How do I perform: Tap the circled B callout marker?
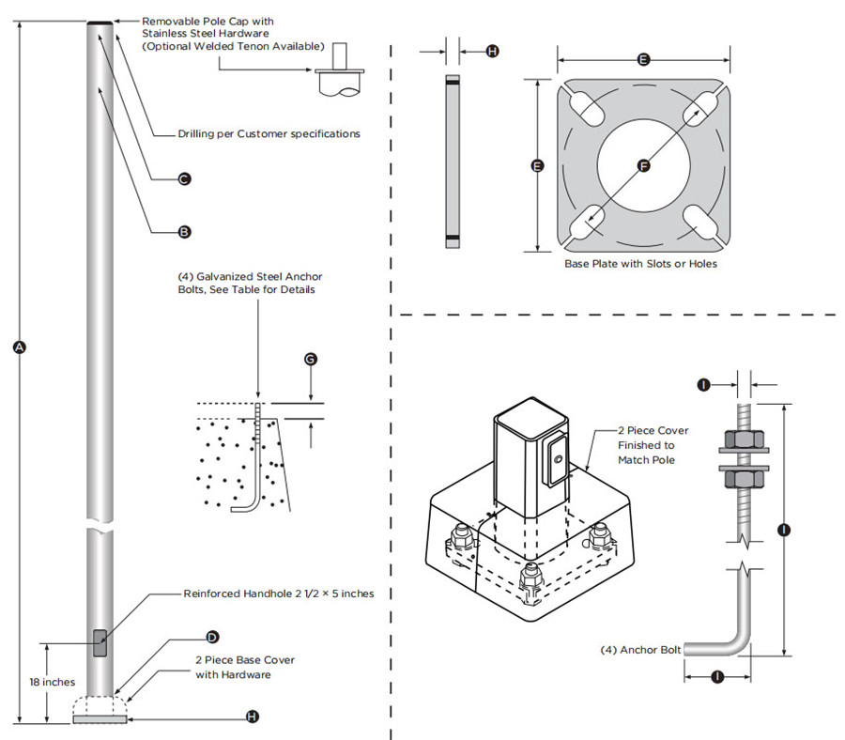(x=185, y=231)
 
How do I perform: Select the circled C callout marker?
(x=185, y=178)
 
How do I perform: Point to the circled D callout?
(x=212, y=637)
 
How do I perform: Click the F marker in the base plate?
(x=643, y=166)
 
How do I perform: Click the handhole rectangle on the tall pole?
(x=100, y=644)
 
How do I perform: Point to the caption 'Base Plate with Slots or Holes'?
(x=640, y=264)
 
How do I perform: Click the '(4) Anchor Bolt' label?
(x=640, y=649)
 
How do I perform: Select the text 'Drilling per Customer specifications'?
(x=269, y=134)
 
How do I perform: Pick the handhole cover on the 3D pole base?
(x=556, y=461)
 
